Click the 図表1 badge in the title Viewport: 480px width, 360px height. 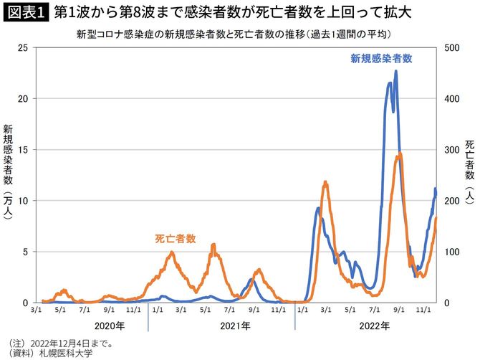[x=25, y=13]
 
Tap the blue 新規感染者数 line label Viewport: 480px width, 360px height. [x=381, y=59]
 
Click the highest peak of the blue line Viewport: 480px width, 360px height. [x=395, y=71]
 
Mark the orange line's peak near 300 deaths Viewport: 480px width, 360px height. [x=399, y=153]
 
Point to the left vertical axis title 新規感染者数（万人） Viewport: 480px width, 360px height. [x=8, y=175]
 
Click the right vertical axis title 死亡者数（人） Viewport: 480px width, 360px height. [x=469, y=175]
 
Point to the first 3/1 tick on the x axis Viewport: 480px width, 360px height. [x=36, y=311]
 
